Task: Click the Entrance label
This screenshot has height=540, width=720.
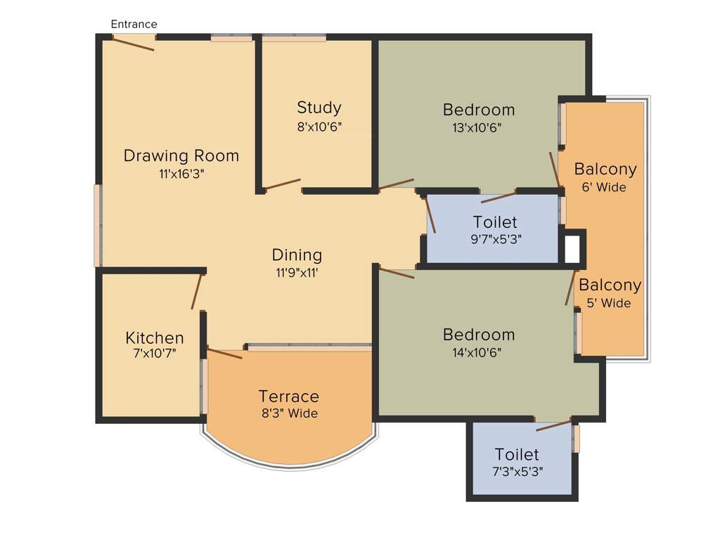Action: [x=134, y=25]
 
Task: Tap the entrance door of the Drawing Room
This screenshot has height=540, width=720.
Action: [x=133, y=44]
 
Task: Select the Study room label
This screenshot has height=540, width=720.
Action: [x=319, y=108]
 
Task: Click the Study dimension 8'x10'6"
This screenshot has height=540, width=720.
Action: [x=319, y=127]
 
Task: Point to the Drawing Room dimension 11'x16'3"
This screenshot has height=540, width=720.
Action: [x=181, y=174]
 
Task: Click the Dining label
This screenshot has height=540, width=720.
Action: [x=297, y=255]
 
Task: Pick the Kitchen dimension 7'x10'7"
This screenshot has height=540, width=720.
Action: [x=154, y=353]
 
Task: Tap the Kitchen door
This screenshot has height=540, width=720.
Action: [x=196, y=292]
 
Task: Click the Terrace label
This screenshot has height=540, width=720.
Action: [x=288, y=397]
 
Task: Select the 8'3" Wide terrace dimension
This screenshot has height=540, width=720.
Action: [x=288, y=413]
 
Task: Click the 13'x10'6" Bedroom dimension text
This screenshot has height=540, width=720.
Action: [x=478, y=128]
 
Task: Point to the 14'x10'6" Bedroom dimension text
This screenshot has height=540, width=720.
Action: [x=478, y=352]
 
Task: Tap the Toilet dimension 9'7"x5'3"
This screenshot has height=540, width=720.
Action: [x=496, y=238]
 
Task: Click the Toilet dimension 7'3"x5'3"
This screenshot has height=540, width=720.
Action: [x=517, y=471]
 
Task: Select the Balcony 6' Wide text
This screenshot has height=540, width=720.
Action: [x=605, y=187]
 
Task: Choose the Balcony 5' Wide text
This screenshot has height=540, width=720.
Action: [x=610, y=303]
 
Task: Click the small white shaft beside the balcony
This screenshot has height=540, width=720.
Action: [x=572, y=247]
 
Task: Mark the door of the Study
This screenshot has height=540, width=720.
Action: [x=282, y=184]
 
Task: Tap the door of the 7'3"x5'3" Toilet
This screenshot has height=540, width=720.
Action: [x=553, y=425]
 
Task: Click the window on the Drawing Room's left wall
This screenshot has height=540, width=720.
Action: [x=98, y=226]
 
